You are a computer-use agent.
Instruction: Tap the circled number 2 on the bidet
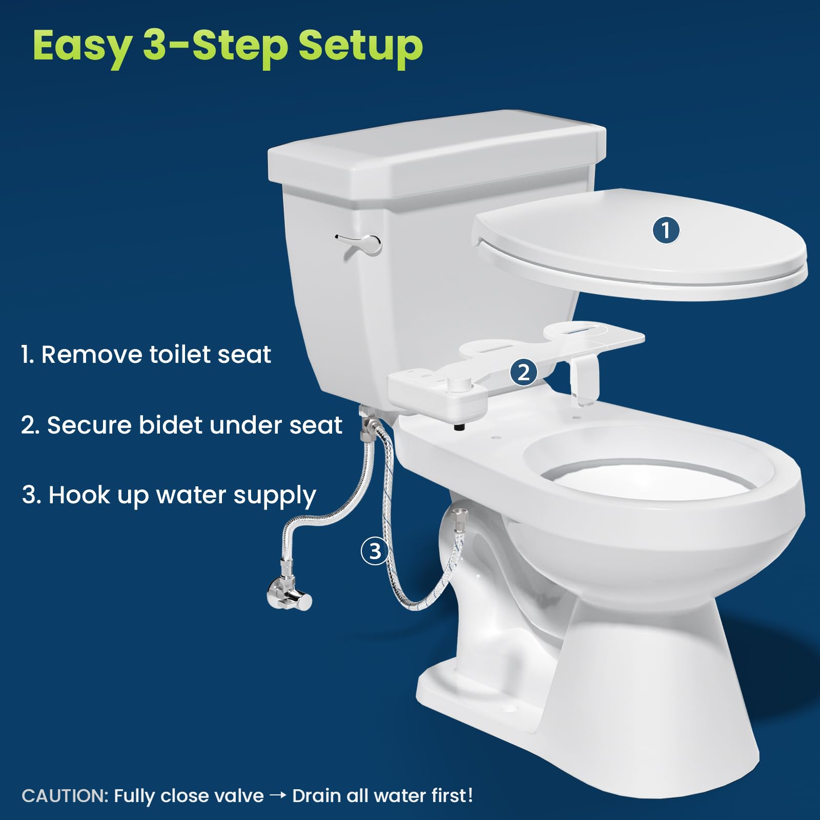[523, 372]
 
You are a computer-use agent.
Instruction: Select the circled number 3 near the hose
[375, 551]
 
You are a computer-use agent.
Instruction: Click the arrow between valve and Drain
[278, 796]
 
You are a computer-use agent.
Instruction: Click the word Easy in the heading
[82, 46]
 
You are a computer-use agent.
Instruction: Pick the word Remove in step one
[91, 355]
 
